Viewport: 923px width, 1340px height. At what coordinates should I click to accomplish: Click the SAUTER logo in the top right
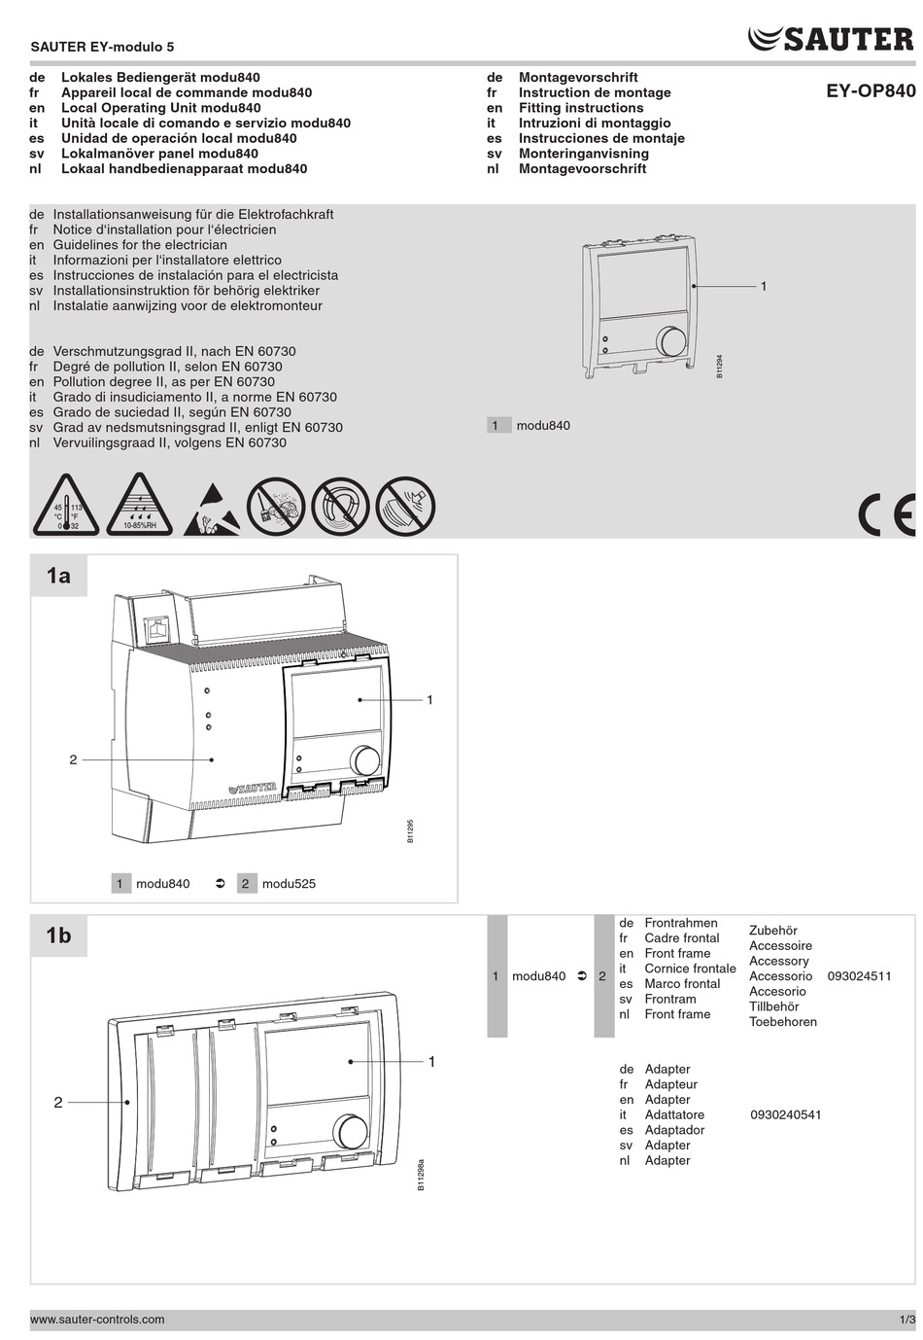coord(832,39)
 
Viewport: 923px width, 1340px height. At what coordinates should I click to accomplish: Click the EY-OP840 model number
coord(871,91)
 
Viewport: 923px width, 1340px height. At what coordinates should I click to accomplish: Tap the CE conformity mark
coord(886,514)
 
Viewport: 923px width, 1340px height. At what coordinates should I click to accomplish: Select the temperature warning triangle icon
coord(66,507)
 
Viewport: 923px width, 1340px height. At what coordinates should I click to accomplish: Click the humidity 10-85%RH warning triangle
coord(139,507)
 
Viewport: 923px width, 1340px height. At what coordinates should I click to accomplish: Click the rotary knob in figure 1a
coord(365,760)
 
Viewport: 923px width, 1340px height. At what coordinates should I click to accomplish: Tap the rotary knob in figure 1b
coord(351,1131)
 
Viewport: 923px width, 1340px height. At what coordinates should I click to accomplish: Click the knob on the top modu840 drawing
coord(670,341)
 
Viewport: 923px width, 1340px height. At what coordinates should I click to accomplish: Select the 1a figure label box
coord(58,576)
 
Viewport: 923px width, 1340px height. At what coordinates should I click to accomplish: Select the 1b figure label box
coord(58,935)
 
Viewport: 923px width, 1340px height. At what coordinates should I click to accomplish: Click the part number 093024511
coord(859,976)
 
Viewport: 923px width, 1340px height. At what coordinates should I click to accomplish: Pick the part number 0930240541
coord(785,1114)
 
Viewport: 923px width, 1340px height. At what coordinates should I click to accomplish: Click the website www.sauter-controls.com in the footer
coord(97,1320)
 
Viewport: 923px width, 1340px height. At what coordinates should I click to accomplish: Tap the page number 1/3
coord(906,1320)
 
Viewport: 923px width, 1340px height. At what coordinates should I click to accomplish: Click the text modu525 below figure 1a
coord(289,884)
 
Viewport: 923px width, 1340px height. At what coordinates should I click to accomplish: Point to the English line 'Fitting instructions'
coord(581,108)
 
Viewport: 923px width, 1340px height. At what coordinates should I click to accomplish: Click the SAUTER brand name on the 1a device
coord(253,788)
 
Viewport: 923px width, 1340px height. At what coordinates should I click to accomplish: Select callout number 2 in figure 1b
coord(58,1102)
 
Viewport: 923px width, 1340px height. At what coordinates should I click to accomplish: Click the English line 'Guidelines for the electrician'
coord(140,245)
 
